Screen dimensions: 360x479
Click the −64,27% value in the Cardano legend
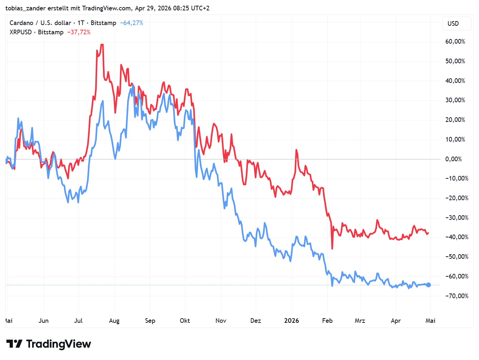[131, 23]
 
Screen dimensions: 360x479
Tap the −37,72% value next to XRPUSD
[79, 32]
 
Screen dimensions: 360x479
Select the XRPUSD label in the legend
[21, 32]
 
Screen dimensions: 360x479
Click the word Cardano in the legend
[21, 23]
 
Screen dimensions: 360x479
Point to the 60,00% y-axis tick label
[455, 41]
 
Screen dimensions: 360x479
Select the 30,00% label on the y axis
[455, 100]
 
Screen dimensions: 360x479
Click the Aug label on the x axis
[114, 321]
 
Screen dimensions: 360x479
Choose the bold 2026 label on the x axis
[291, 321]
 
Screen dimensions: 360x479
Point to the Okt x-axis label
[185, 321]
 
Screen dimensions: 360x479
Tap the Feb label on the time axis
[327, 321]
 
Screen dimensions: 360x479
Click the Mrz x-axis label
[360, 321]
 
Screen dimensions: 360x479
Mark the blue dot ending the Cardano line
[429, 285]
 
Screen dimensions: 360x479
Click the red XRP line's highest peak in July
[102, 45]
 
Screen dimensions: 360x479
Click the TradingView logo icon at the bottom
[15, 344]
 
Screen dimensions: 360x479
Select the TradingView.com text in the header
[106, 8]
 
